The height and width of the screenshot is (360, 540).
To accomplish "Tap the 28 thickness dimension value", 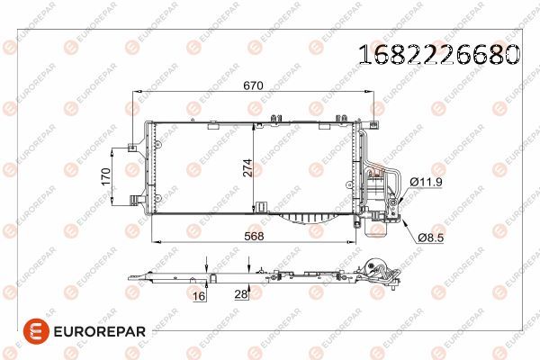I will (240, 293).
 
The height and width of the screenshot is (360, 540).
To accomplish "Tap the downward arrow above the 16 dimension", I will (207, 263).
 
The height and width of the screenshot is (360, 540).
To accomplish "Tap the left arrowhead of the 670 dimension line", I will (138, 92).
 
